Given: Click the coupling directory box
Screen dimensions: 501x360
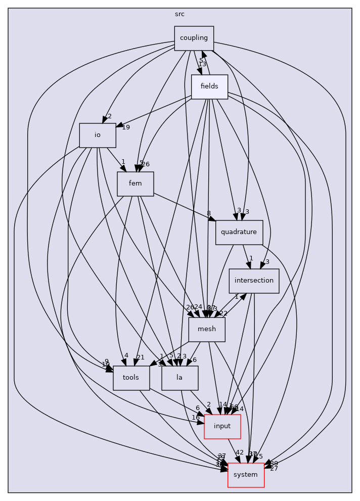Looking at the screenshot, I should tap(194, 38).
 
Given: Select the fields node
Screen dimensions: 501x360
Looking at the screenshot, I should tap(209, 86).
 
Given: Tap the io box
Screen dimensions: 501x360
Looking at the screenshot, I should tap(98, 135).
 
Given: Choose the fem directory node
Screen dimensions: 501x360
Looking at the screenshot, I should tap(135, 184).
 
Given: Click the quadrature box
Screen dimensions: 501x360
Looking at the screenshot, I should tap(239, 232).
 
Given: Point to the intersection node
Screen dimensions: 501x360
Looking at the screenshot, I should tap(254, 281).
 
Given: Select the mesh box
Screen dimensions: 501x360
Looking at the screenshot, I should tap(207, 329).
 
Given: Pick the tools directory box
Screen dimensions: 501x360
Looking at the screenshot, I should tap(131, 378).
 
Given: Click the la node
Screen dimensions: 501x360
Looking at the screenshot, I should tap(179, 378).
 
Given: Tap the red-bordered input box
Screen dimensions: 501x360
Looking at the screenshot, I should tap(222, 426).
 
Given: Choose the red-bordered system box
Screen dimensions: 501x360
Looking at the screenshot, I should tap(246, 475).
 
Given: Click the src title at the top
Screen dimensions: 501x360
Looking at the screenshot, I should tap(179, 14).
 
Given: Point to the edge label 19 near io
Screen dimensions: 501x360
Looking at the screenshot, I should tap(126, 127).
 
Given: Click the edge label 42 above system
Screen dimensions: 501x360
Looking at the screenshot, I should tap(240, 452).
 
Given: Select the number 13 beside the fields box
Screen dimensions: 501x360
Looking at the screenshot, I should tap(202, 64).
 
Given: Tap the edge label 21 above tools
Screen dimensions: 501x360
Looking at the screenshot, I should tap(141, 357).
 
